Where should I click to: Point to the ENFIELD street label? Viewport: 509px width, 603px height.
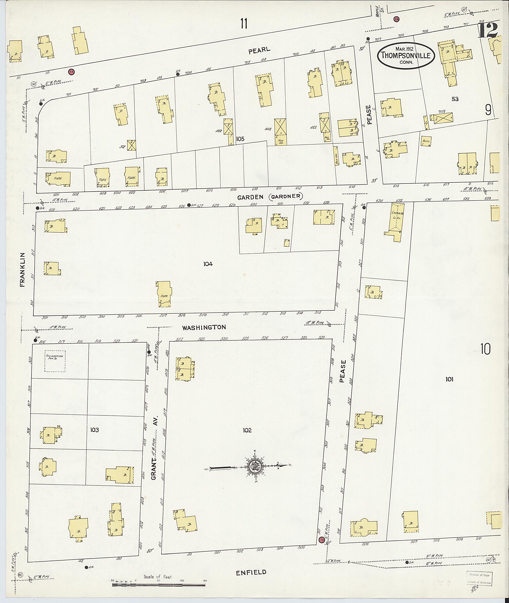click(x=251, y=572)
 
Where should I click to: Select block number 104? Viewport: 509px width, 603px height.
click(x=208, y=264)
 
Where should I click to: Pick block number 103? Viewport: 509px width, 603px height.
click(x=94, y=430)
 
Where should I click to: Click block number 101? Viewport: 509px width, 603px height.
click(x=449, y=379)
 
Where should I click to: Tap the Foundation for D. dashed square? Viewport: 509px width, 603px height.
click(x=55, y=361)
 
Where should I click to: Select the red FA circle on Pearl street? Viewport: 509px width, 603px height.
click(x=71, y=72)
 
